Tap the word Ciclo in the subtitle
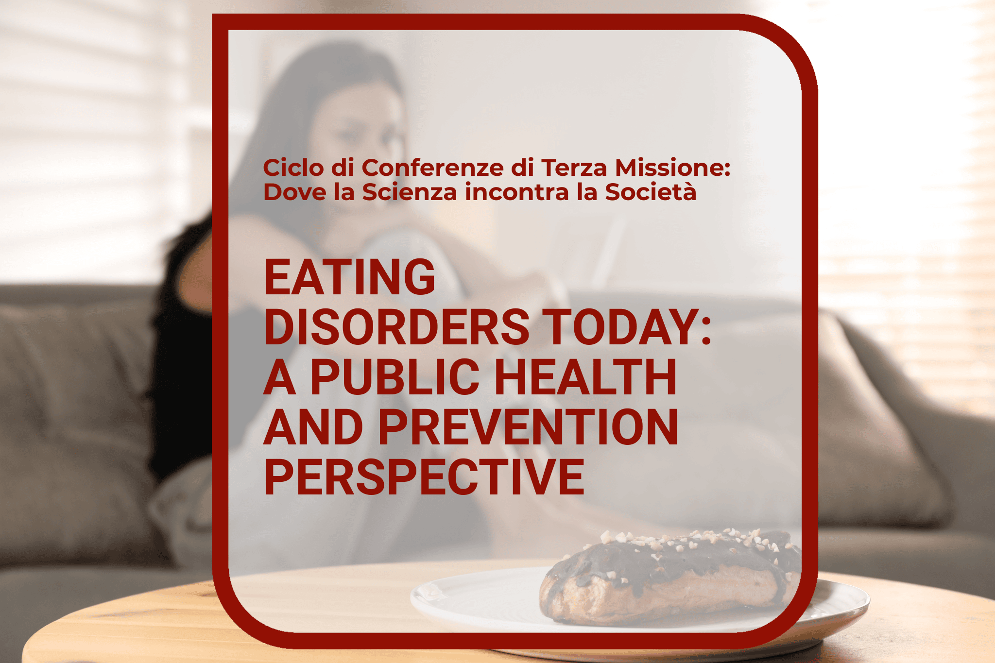(293, 168)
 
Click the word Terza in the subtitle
(574, 168)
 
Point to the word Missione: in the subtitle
(672, 168)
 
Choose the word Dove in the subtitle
(295, 192)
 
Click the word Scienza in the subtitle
(410, 192)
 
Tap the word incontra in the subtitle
(517, 192)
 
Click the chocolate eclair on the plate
(670, 576)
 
